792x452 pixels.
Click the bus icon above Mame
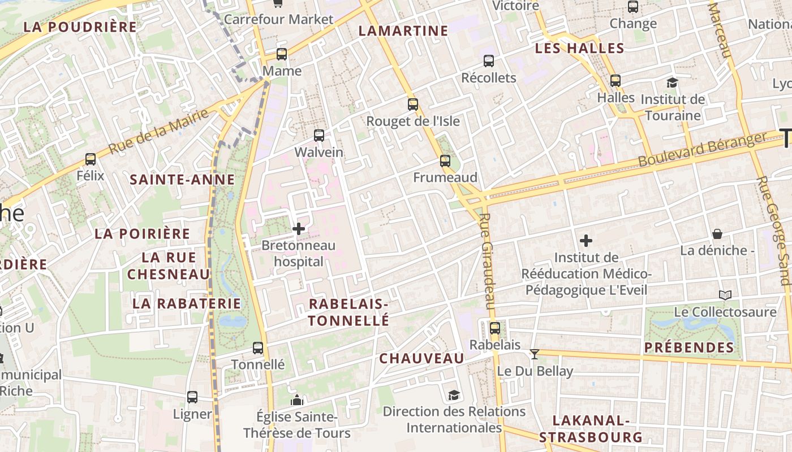[x=281, y=54]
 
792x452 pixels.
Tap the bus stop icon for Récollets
[x=489, y=61]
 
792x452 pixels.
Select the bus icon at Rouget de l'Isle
[x=413, y=104]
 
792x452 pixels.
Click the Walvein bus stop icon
[x=319, y=136]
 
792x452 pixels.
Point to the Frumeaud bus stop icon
[x=445, y=161]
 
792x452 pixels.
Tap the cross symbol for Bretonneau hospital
[x=299, y=229]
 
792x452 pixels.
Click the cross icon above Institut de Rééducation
[x=586, y=241]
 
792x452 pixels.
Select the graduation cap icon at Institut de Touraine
[x=672, y=83]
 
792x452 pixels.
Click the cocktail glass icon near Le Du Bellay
[x=534, y=354]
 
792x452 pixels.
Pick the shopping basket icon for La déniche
[x=717, y=234]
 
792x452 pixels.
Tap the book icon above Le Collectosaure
[x=725, y=295]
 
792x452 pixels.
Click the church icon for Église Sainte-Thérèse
[x=297, y=400]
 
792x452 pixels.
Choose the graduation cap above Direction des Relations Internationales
[x=454, y=395]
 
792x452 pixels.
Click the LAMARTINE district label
[x=403, y=31]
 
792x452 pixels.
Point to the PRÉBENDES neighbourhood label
[x=689, y=347]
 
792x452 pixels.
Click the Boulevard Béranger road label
[x=701, y=150]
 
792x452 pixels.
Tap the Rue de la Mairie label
[x=158, y=132]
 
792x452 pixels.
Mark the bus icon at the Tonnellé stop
[x=258, y=347]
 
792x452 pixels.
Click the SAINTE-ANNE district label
[x=182, y=180]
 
